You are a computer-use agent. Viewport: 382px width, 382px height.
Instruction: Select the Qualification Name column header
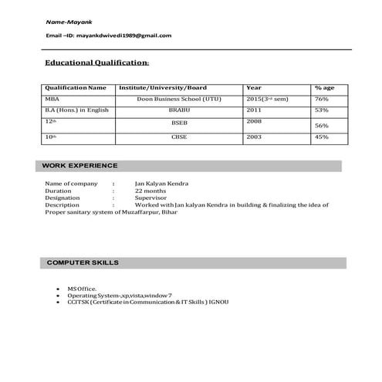click(x=76, y=88)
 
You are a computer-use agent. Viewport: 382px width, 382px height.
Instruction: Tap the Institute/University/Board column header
click(x=162, y=88)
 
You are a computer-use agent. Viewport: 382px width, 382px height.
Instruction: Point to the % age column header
click(x=323, y=88)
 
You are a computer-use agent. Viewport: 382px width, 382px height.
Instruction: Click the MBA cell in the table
click(x=52, y=100)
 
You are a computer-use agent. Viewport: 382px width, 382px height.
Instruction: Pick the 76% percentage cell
click(x=322, y=100)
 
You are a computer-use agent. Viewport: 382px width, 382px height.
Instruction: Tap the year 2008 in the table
click(x=254, y=121)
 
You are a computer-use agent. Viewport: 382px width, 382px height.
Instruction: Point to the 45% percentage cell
click(x=322, y=137)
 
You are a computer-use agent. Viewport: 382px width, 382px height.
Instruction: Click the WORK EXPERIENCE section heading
click(x=80, y=166)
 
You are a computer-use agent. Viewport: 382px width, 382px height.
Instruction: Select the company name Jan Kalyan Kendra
click(x=161, y=184)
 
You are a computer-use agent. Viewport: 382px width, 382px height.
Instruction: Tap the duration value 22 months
click(x=150, y=191)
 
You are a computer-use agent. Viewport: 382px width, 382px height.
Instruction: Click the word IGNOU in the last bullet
click(x=218, y=302)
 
